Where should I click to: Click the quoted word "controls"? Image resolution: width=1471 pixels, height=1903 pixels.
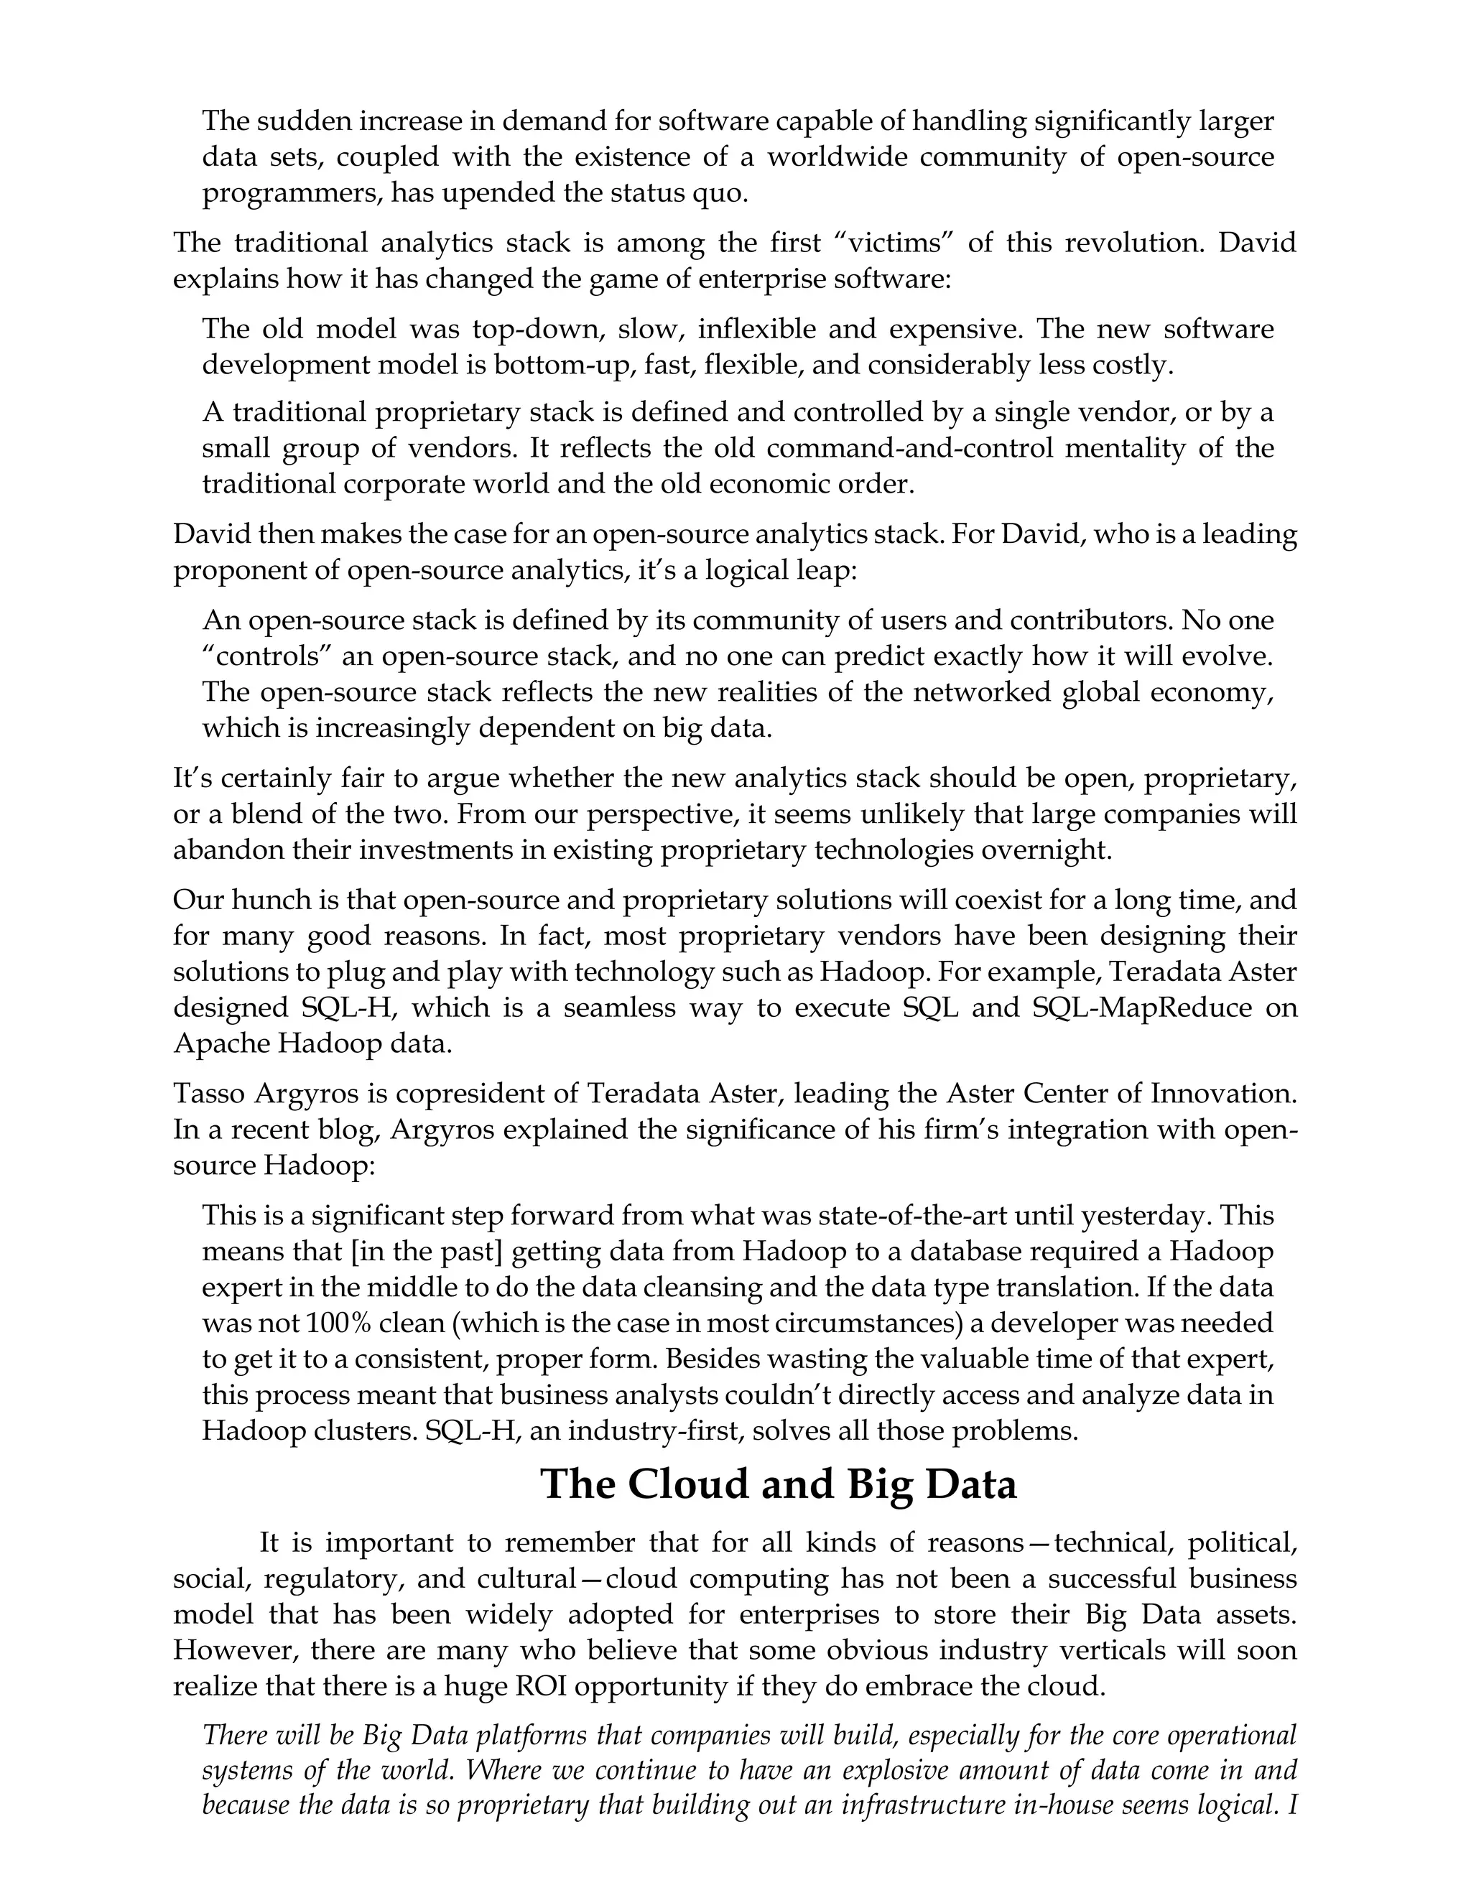point(261,656)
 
